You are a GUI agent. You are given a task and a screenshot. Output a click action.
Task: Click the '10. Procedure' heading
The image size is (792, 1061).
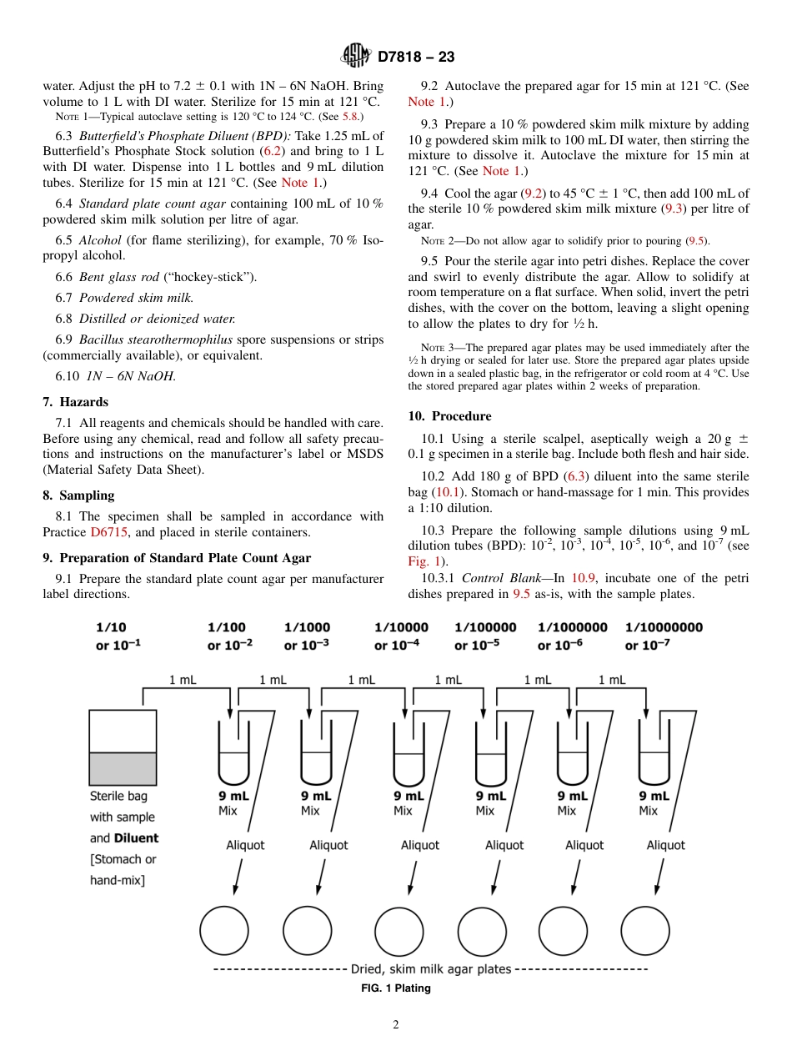[449, 416]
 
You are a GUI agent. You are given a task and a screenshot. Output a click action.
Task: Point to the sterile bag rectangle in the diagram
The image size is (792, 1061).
[123, 746]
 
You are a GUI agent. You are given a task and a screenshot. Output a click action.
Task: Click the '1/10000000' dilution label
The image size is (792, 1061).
[664, 627]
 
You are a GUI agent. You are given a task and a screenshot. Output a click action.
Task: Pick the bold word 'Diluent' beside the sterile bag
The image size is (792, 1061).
[136, 838]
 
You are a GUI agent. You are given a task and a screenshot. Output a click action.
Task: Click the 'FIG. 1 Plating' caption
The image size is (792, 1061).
[395, 988]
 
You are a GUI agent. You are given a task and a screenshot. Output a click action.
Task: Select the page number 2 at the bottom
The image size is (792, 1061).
[396, 1025]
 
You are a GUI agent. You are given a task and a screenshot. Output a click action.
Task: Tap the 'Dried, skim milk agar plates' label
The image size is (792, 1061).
[431, 969]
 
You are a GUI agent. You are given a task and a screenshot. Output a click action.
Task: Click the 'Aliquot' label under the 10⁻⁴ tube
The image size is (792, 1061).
[419, 845]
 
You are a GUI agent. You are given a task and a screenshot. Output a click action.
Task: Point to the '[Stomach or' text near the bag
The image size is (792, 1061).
[123, 859]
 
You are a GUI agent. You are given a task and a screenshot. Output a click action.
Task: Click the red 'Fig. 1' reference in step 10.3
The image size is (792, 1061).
[423, 561]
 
